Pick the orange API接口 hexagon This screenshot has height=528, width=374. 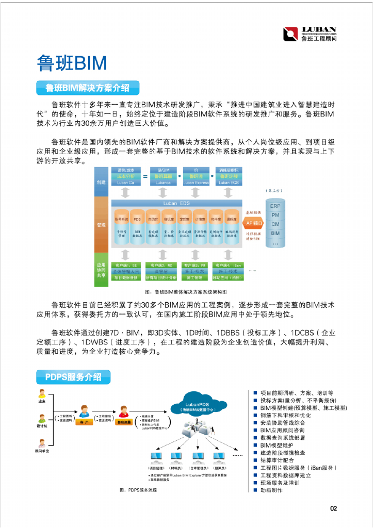(254, 223)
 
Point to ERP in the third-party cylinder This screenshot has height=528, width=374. (275, 206)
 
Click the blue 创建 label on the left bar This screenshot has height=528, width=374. (101, 183)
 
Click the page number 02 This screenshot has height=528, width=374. (333, 509)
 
